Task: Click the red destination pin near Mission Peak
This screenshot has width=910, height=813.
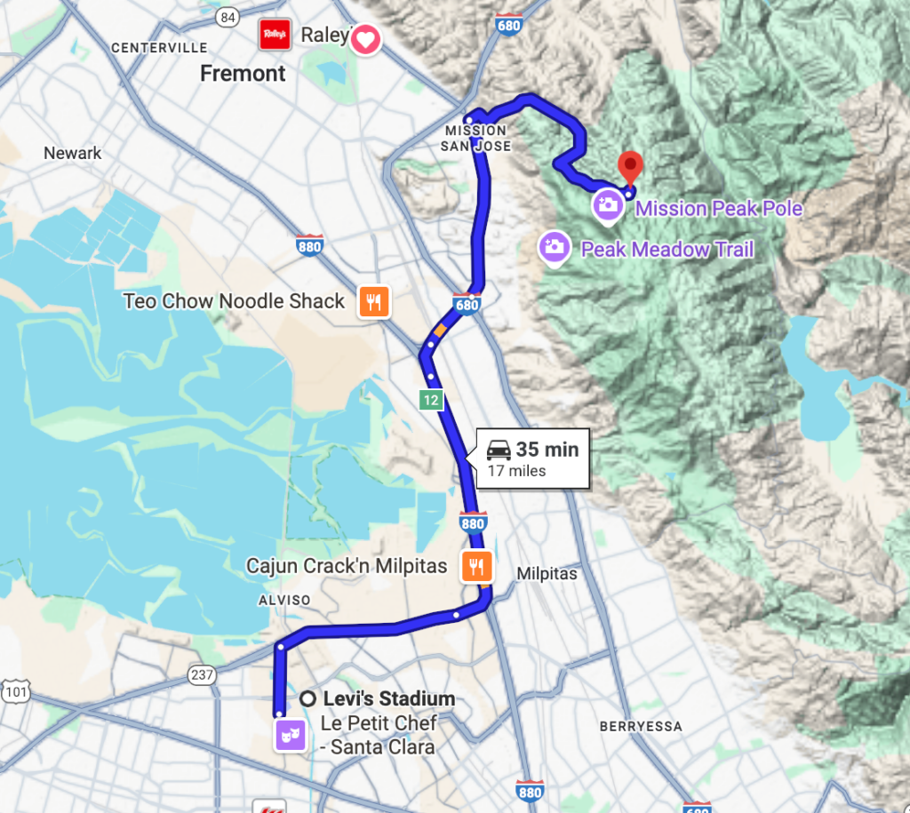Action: tap(630, 164)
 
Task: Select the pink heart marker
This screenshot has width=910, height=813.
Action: tap(365, 39)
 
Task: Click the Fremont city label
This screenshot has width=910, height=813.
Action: tap(243, 74)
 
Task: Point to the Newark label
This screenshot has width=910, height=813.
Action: tap(73, 153)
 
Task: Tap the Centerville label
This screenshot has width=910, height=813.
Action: tap(159, 47)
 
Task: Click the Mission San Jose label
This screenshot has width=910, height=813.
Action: tap(477, 139)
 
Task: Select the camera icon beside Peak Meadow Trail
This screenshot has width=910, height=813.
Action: tap(555, 246)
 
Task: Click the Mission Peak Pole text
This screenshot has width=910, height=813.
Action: tap(719, 209)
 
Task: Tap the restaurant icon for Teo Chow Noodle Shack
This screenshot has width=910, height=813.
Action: tap(373, 301)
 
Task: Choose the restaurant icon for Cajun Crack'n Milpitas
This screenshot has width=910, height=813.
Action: tap(476, 566)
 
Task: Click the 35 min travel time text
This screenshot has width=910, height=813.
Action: tap(547, 450)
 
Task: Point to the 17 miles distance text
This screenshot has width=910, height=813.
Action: tap(516, 471)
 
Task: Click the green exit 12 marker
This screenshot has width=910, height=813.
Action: tap(431, 401)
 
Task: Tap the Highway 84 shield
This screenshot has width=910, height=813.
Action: tap(228, 18)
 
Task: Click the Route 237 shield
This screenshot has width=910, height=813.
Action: tap(202, 675)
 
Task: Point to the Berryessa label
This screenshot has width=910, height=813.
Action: tap(641, 726)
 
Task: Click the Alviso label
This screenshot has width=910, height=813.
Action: tap(283, 600)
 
